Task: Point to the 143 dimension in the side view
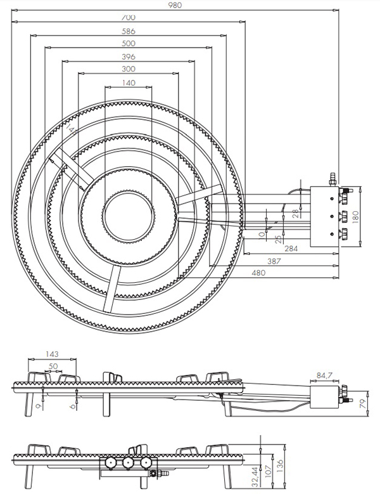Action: point(53,354)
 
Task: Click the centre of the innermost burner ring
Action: point(128,212)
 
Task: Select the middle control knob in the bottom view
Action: point(128,464)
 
